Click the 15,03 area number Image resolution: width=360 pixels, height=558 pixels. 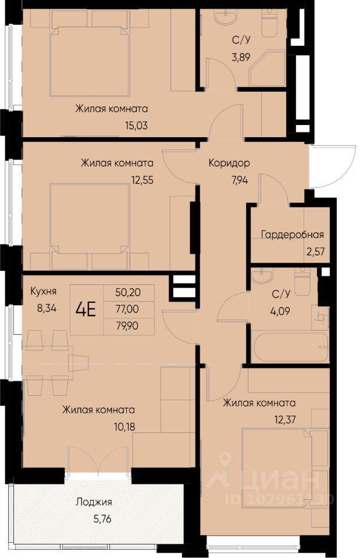136,126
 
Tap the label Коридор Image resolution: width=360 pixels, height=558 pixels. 229,163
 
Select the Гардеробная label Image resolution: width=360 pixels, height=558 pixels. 293,235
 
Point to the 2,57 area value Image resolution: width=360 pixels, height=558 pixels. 315,252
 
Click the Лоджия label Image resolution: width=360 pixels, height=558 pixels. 94,502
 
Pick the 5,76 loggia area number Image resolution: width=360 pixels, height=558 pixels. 102,519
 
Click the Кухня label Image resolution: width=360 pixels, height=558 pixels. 44,291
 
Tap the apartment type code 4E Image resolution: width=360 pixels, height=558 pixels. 86,309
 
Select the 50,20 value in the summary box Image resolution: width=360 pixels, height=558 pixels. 128,292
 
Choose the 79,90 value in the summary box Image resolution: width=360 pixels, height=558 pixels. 127,325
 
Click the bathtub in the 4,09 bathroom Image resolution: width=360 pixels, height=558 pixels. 290,347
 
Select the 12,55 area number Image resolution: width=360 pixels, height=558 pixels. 142,180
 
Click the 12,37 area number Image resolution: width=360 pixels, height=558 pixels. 284,420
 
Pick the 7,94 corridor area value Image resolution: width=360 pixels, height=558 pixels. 240,180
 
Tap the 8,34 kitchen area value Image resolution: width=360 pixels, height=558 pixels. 47,308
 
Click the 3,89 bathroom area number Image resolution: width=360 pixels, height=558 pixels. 241,56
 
